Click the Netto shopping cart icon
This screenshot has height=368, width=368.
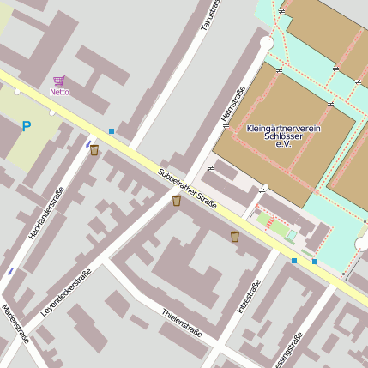(x=59, y=81)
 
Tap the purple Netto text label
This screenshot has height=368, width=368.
(x=59, y=92)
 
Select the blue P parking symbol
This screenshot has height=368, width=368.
(x=27, y=127)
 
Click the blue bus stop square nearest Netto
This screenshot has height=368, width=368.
(x=112, y=131)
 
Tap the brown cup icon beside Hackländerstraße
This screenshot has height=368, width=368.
(x=94, y=150)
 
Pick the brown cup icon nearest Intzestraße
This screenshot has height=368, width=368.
(x=235, y=237)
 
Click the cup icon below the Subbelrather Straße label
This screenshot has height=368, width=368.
(x=177, y=201)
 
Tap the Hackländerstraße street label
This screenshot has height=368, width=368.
(x=46, y=212)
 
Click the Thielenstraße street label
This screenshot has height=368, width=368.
(x=182, y=323)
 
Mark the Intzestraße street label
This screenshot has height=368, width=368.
(x=248, y=297)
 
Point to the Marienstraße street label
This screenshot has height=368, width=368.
(x=15, y=323)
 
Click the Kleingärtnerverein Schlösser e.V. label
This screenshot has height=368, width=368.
(x=283, y=136)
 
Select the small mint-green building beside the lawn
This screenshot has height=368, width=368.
(x=292, y=235)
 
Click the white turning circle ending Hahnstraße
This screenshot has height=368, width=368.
(x=266, y=42)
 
